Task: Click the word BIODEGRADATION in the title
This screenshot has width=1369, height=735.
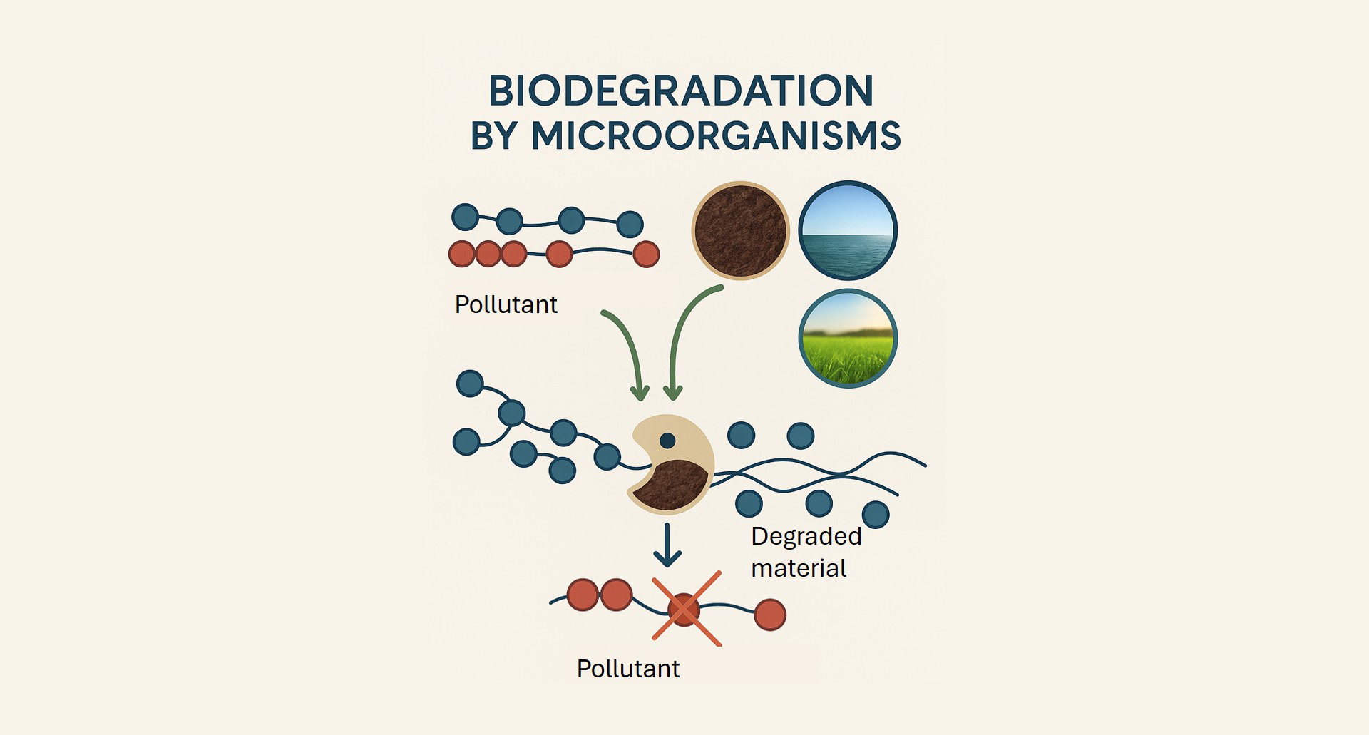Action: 681,91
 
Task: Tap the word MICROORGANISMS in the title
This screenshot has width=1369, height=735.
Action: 716,135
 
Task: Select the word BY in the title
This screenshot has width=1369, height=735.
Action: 493,135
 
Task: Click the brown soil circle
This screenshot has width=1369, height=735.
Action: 740,230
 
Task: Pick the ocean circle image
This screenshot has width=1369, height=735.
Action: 848,230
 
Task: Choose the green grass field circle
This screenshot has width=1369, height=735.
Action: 848,339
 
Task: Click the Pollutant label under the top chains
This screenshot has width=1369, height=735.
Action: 506,304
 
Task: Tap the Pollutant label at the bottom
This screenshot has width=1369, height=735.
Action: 628,669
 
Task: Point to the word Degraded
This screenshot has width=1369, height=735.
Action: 806,536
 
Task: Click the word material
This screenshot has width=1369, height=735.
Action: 799,568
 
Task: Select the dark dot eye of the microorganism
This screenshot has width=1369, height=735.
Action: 667,441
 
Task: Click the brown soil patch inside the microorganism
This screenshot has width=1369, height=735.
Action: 670,485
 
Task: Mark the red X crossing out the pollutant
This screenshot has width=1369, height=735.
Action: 686,609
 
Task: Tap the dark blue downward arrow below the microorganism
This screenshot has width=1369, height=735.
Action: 667,545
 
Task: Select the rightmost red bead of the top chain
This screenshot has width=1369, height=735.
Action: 646,254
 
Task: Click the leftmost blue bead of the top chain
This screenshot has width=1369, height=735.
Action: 466,217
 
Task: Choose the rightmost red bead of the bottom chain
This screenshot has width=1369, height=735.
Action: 770,615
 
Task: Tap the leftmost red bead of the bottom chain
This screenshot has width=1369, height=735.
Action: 583,595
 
